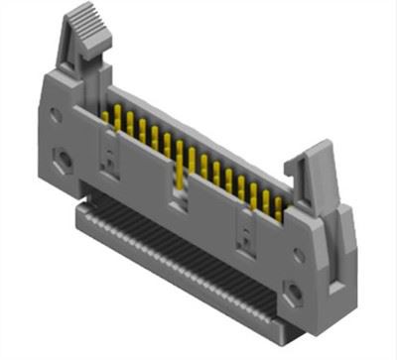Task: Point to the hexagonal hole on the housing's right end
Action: click(x=294, y=292)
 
